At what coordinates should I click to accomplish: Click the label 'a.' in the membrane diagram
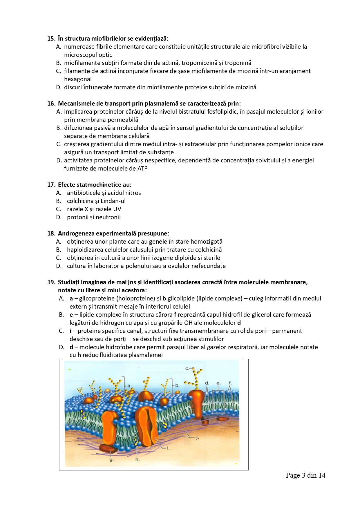(x=129, y=386)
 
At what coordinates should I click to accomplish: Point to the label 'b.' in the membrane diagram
(x=177, y=385)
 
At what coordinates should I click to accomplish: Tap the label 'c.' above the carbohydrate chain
(x=187, y=369)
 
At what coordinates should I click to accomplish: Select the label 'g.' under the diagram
(x=111, y=459)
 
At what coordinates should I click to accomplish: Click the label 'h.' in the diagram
(x=138, y=459)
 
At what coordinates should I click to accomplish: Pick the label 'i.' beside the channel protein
(x=168, y=448)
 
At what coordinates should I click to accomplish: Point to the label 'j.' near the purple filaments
(x=197, y=437)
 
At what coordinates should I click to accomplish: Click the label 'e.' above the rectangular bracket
(x=218, y=383)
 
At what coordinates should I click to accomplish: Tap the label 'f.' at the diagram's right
(x=230, y=383)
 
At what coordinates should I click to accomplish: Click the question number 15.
(x=51, y=39)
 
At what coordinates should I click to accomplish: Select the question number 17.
(x=51, y=185)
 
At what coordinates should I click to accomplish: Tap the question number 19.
(x=51, y=282)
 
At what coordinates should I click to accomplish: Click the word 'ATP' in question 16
(x=142, y=169)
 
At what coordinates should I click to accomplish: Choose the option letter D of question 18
(x=59, y=266)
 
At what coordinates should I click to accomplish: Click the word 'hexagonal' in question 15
(x=78, y=79)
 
